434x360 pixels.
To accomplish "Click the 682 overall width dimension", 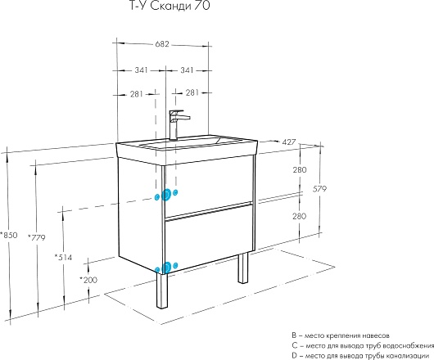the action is [x=162, y=44].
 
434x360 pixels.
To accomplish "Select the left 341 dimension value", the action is [x=141, y=70].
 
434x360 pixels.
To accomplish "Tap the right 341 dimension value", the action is [x=187, y=70].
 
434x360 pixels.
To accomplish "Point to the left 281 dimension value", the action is [x=137, y=94].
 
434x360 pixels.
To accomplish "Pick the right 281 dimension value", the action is [x=192, y=92].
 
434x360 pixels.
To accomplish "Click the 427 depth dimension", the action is [x=289, y=142].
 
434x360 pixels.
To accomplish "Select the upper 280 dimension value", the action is [x=300, y=169].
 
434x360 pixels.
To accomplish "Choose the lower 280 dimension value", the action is [x=300, y=216].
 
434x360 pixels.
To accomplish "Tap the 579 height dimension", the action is [x=319, y=189].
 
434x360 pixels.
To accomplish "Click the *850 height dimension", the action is [x=8, y=235].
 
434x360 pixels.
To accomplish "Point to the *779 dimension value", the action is [x=37, y=237].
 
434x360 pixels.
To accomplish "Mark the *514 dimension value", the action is [x=63, y=258].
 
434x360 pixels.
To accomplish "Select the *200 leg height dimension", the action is [x=88, y=280].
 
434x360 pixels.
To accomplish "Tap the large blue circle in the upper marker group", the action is [x=166, y=195].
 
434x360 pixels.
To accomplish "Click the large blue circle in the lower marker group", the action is [x=166, y=268].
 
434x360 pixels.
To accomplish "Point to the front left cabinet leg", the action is [x=162, y=291].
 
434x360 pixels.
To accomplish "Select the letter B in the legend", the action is [x=294, y=335].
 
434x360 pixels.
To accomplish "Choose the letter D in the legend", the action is [x=294, y=355].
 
